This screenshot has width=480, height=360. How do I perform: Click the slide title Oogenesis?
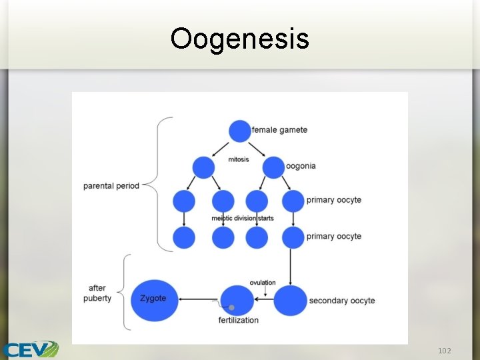[x=239, y=38]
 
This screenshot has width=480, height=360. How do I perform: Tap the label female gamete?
[x=279, y=129]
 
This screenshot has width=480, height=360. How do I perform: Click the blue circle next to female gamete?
[x=240, y=131]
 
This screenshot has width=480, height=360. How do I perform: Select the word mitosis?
[x=239, y=159]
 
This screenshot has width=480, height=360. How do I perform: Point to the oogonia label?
[x=301, y=166]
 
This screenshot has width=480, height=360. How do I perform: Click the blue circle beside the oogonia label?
[x=274, y=167]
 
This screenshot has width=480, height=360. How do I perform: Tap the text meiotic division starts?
[x=243, y=218]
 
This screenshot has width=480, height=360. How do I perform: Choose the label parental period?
[x=111, y=185]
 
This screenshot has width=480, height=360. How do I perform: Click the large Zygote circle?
[x=154, y=299]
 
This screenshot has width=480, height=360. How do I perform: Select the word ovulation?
[x=263, y=283]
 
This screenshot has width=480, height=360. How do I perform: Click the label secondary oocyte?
[x=342, y=301]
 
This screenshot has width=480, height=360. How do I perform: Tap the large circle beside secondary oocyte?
[x=291, y=301]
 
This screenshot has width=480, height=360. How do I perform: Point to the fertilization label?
[x=239, y=321]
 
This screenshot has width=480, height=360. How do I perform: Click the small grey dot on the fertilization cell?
[x=231, y=307]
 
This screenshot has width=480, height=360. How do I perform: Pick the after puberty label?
[x=97, y=293]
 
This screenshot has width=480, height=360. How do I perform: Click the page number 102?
[x=445, y=351]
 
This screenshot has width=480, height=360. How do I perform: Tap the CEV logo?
[x=31, y=349]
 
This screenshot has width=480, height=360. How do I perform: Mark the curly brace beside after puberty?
[x=127, y=293]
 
